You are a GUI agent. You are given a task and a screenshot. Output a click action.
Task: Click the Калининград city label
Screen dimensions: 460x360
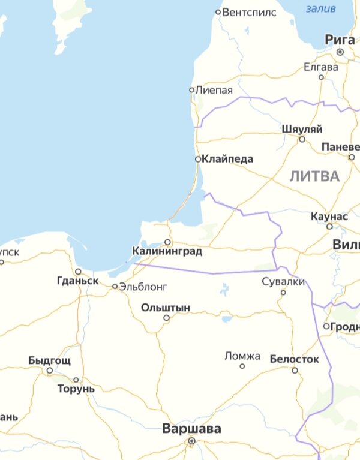click(167, 252)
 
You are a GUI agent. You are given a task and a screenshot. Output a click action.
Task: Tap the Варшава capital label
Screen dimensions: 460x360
click(191, 429)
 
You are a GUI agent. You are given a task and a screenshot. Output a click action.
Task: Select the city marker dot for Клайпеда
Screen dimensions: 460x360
click(198, 160)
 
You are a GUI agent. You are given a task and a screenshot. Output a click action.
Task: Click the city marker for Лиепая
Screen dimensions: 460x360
click(192, 90)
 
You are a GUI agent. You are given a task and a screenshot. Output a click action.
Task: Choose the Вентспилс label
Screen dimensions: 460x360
click(249, 12)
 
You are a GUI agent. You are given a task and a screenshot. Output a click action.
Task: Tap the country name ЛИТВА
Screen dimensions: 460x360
click(314, 176)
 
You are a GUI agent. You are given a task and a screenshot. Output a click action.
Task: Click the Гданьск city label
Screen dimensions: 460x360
click(77, 281)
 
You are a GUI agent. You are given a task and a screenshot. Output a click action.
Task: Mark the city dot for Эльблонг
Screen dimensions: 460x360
click(115, 287)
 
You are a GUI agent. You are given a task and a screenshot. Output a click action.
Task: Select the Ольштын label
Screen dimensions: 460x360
click(166, 308)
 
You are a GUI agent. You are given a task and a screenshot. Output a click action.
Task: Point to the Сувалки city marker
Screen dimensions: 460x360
click(283, 293)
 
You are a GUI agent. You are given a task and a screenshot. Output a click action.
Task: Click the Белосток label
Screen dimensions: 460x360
click(294, 359)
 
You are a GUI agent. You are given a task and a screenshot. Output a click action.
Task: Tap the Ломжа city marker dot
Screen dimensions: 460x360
click(242, 366)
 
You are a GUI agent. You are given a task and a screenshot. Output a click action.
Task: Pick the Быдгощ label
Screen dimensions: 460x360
click(49, 361)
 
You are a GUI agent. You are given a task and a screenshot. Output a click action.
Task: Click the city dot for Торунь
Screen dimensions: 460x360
click(76, 380)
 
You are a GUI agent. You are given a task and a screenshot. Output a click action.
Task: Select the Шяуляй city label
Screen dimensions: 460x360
click(302, 130)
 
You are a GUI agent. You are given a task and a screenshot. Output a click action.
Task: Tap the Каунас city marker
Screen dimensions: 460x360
click(329, 226)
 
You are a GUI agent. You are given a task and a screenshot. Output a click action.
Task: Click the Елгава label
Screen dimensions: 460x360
click(321, 67)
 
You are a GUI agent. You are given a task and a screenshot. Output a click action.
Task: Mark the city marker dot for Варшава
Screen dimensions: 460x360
click(191, 441)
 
